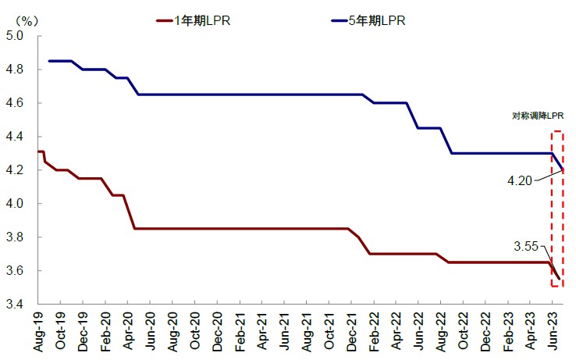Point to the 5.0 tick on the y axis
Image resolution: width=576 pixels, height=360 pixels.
(x=16, y=36)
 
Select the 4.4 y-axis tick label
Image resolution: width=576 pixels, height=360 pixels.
(x=16, y=137)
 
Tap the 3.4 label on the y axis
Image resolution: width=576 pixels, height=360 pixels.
(x=16, y=305)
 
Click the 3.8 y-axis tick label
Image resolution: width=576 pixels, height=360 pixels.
(x=16, y=237)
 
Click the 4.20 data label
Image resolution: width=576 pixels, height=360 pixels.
(x=520, y=180)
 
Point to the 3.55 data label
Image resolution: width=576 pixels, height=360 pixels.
(x=527, y=247)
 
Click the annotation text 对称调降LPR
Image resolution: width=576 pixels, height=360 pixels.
(x=538, y=116)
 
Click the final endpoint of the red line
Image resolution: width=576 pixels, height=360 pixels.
(x=559, y=279)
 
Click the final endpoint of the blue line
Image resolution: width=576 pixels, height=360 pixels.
(x=563, y=169)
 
